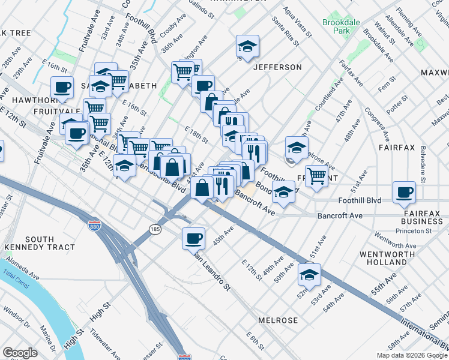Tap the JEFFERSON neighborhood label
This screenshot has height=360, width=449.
tap(277, 67)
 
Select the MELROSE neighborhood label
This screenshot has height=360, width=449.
tap(278, 320)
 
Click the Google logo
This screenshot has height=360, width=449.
tap(20, 353)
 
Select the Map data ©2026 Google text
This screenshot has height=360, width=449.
tap(411, 355)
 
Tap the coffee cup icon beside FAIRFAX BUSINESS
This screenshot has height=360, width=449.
tap(405, 193)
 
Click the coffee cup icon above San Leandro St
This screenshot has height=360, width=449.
tap(194, 238)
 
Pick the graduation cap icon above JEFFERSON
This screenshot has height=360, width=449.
tap(247, 46)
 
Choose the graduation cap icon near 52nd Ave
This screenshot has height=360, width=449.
tap(310, 274)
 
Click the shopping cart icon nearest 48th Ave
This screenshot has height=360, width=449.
tap(316, 175)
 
